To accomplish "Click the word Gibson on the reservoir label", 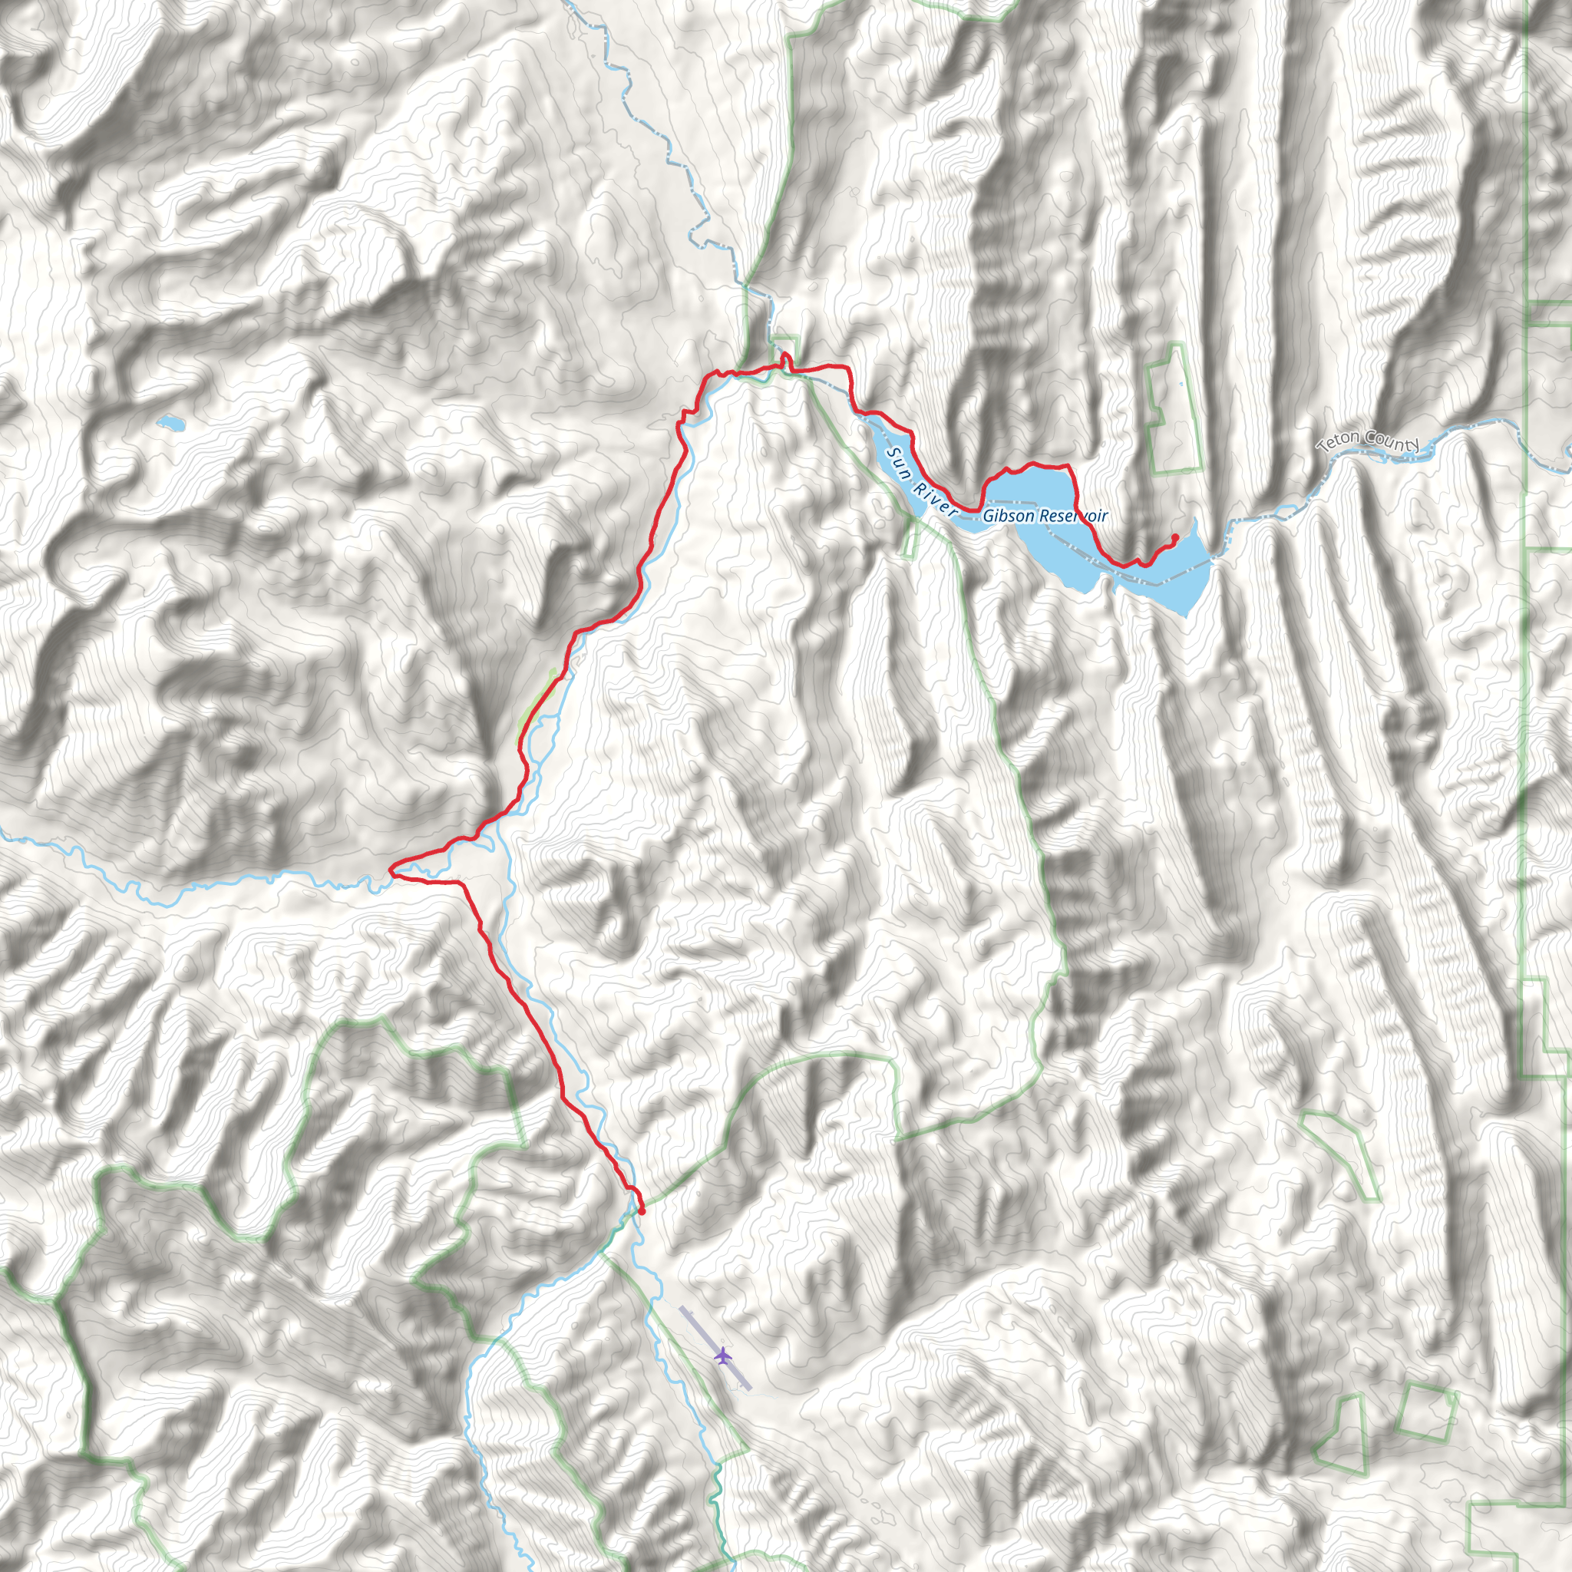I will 1008,516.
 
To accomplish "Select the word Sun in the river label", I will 897,458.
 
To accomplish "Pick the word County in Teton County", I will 1392,439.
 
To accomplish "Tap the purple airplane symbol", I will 722,1356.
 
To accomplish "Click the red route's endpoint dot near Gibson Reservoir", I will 1175,537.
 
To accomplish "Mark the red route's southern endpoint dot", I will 642,1210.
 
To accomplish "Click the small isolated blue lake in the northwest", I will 171,423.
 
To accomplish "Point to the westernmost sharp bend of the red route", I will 392,870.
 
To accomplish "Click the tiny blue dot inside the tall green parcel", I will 1182,384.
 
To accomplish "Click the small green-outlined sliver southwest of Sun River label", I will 910,538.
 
